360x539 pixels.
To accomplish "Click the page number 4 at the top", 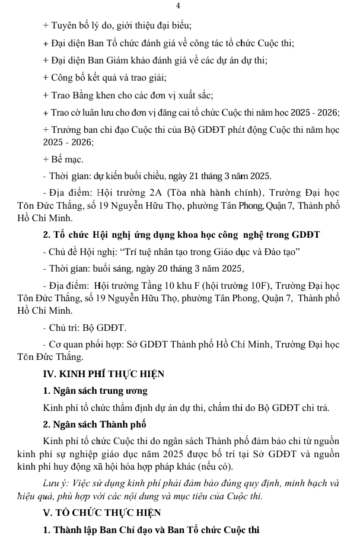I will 178,6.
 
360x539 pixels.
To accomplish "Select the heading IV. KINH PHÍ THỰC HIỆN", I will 104,374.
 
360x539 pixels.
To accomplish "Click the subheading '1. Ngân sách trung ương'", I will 95,391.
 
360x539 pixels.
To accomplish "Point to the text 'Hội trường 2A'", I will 137,193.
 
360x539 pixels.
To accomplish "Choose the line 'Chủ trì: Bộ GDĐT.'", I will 85,328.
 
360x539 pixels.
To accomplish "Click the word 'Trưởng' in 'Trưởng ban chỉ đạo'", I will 68,129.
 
